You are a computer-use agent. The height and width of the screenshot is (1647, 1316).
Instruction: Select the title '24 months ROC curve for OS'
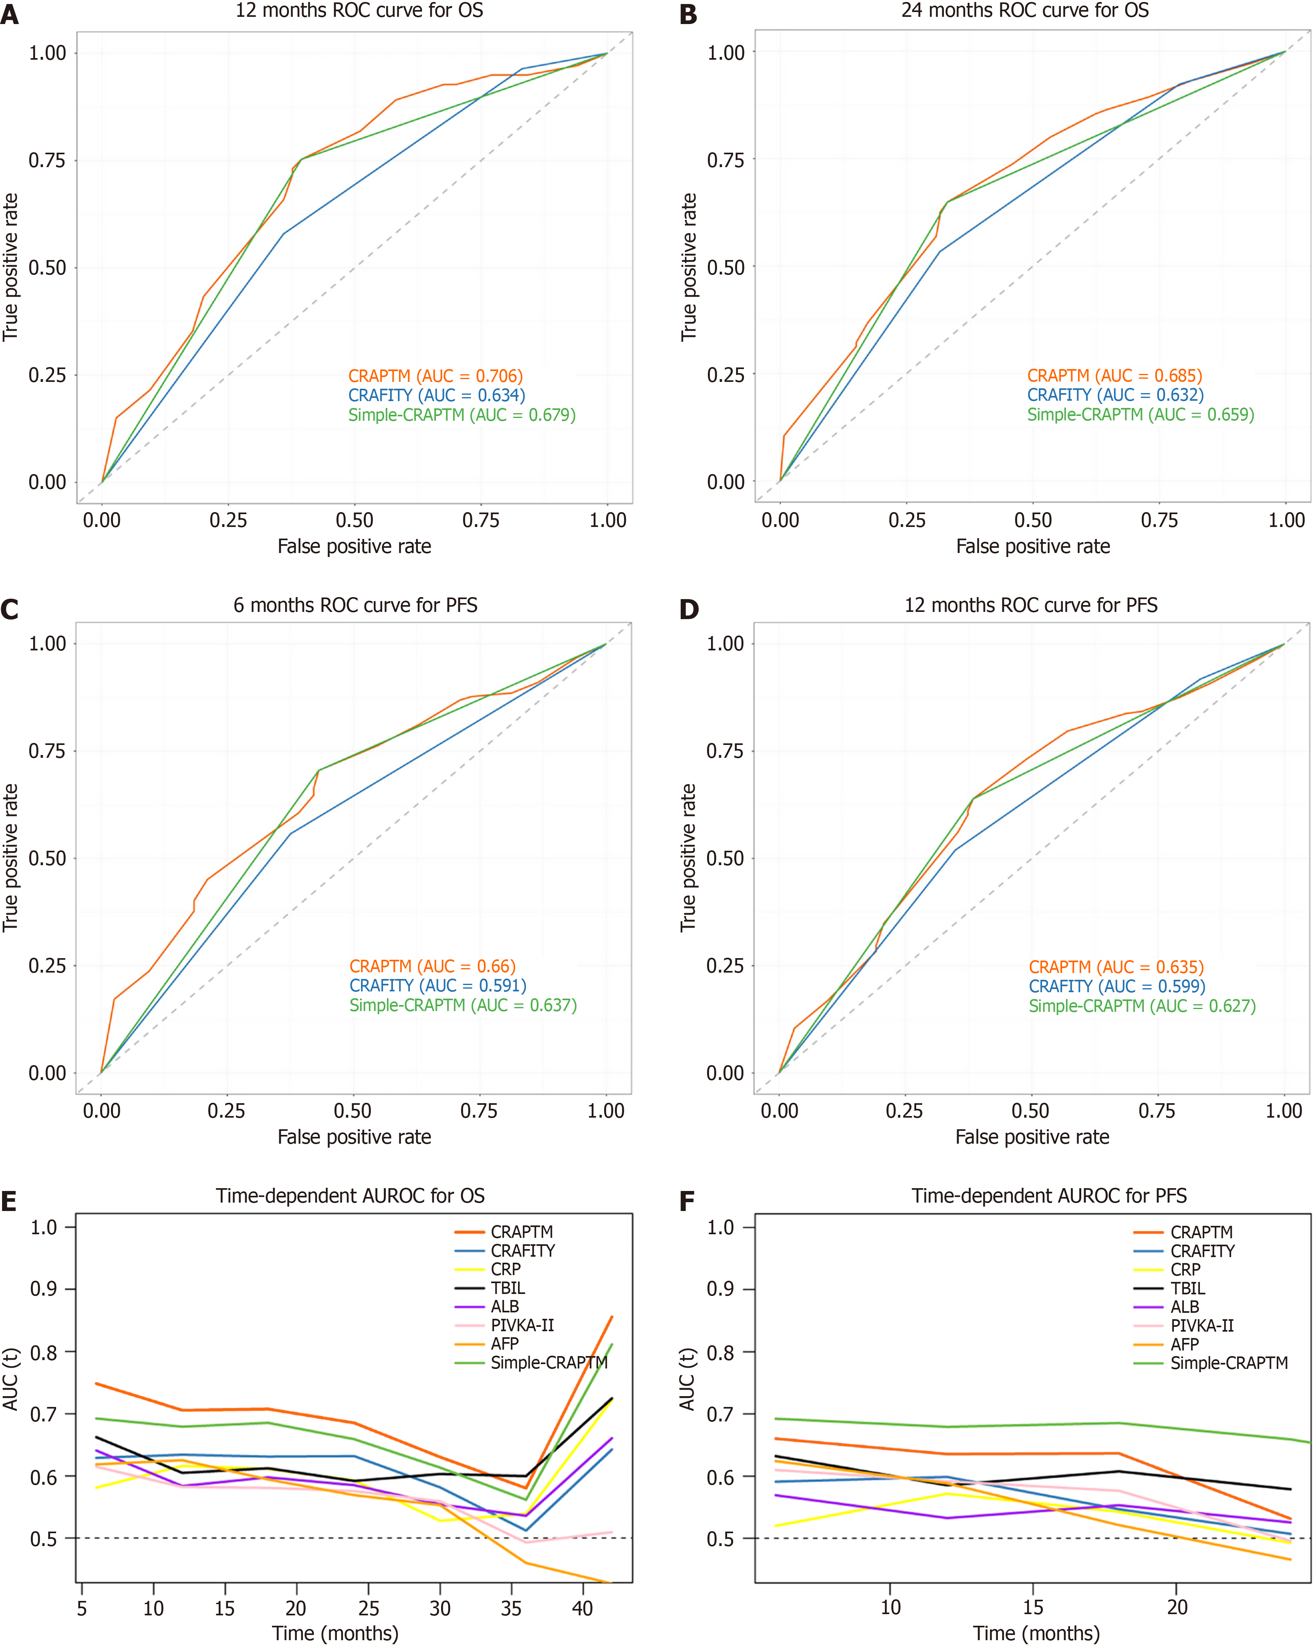click(1025, 11)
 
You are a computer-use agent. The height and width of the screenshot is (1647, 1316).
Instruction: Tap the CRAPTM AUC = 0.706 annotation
click(435, 376)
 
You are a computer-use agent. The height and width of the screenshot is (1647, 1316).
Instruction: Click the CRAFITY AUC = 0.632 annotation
click(1115, 395)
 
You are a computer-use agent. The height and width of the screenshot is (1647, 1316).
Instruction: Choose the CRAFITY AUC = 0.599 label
click(1116, 986)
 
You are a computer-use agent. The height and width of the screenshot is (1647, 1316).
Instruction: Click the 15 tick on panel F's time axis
click(1034, 1607)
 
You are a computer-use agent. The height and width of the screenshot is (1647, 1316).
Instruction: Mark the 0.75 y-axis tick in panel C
click(47, 751)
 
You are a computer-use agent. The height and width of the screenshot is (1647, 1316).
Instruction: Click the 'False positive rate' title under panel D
click(1032, 1137)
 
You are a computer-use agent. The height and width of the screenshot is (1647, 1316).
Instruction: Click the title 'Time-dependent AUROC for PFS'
click(1049, 1195)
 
